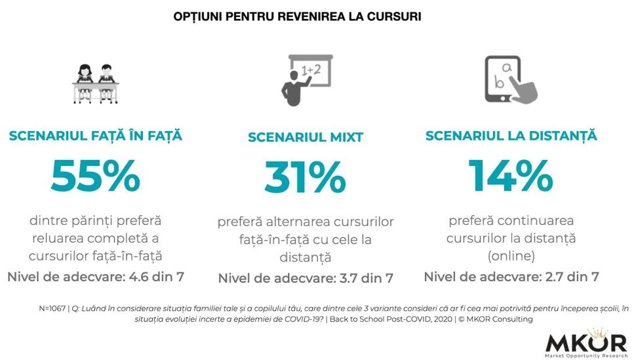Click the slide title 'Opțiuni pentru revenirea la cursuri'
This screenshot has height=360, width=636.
click(297, 16)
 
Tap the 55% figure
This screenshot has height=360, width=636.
click(95, 175)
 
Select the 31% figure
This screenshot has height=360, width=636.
click(305, 176)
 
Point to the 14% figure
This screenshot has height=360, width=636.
click(510, 175)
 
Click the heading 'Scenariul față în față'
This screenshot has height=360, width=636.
click(96, 136)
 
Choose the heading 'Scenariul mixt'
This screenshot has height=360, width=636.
click(306, 137)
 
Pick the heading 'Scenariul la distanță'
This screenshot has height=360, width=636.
click(511, 136)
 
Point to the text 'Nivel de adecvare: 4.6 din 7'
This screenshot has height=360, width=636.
click(96, 276)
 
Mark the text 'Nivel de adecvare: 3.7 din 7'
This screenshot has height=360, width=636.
click(306, 278)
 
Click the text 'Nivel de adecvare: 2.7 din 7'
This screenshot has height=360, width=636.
click(511, 277)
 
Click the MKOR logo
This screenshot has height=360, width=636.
click(586, 342)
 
